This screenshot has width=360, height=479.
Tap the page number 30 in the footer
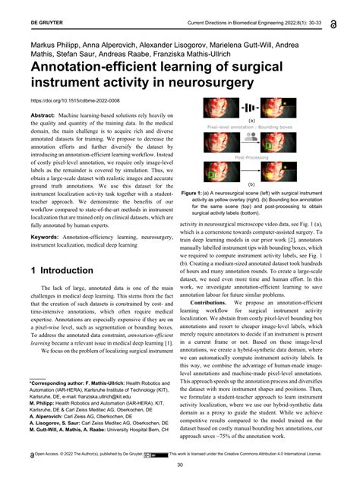click(180, 465)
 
